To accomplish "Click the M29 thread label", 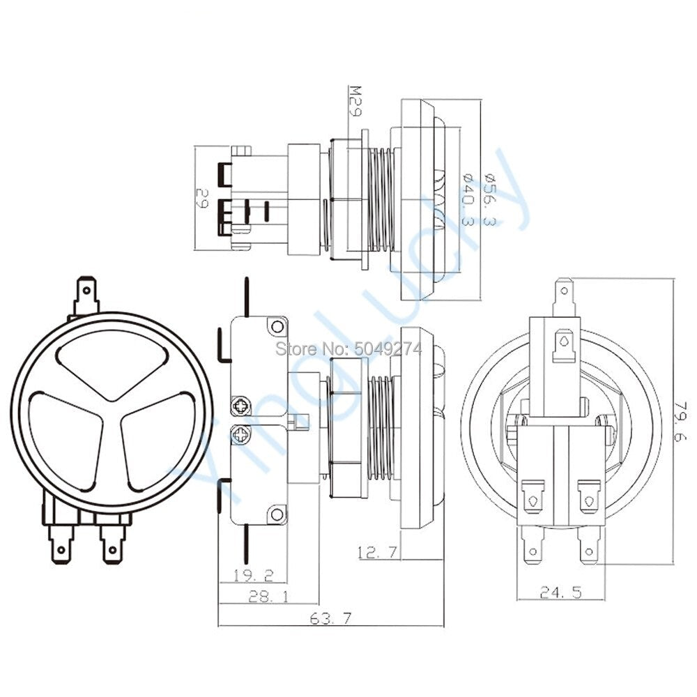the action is pyautogui.click(x=355, y=101).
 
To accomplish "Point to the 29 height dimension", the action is pyautogui.click(x=202, y=198).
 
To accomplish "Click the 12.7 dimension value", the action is pyautogui.click(x=377, y=553).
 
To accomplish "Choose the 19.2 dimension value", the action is pyautogui.click(x=254, y=576).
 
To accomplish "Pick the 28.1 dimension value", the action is pyautogui.click(x=268, y=596).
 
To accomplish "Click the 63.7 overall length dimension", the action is pyautogui.click(x=330, y=618).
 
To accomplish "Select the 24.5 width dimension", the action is pyautogui.click(x=561, y=592).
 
